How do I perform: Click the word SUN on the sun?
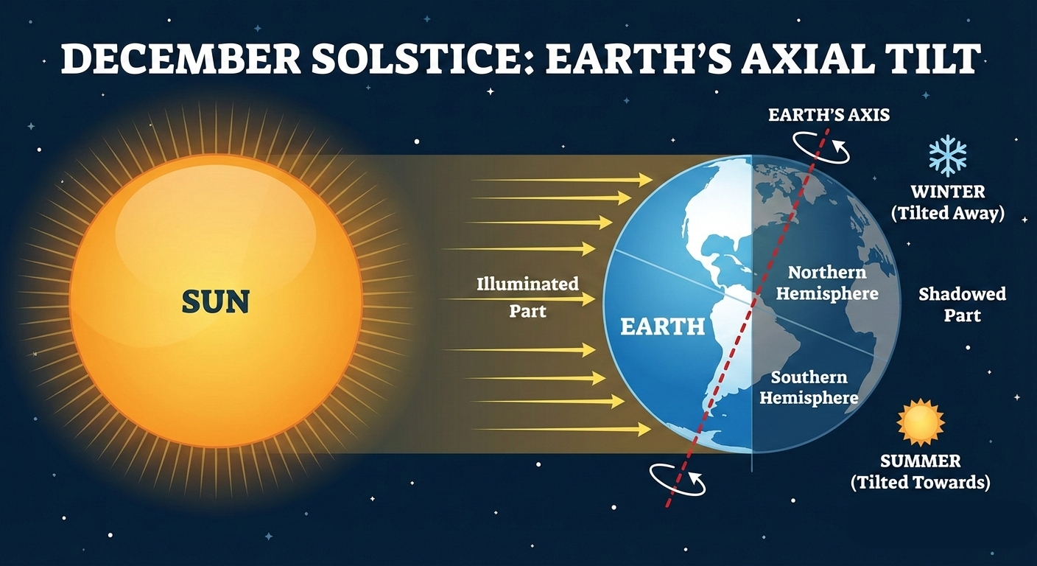click(x=216, y=301)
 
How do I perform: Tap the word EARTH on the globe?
click(x=662, y=326)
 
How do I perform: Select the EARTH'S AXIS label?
click(x=829, y=115)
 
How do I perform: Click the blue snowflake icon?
click(x=948, y=156)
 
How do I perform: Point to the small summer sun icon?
click(x=921, y=422)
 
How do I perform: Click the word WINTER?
click(x=948, y=192)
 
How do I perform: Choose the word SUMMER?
click(x=921, y=461)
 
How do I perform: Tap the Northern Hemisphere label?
click(x=827, y=283)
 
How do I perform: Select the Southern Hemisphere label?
click(x=809, y=388)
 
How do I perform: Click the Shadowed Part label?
click(x=962, y=305)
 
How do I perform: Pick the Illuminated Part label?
click(x=528, y=297)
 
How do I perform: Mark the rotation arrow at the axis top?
click(x=820, y=147)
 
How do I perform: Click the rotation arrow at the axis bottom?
click(x=678, y=480)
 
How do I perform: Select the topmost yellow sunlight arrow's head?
click(x=646, y=179)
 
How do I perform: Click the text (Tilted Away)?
click(x=948, y=213)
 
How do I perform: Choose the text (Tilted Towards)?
click(x=921, y=483)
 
